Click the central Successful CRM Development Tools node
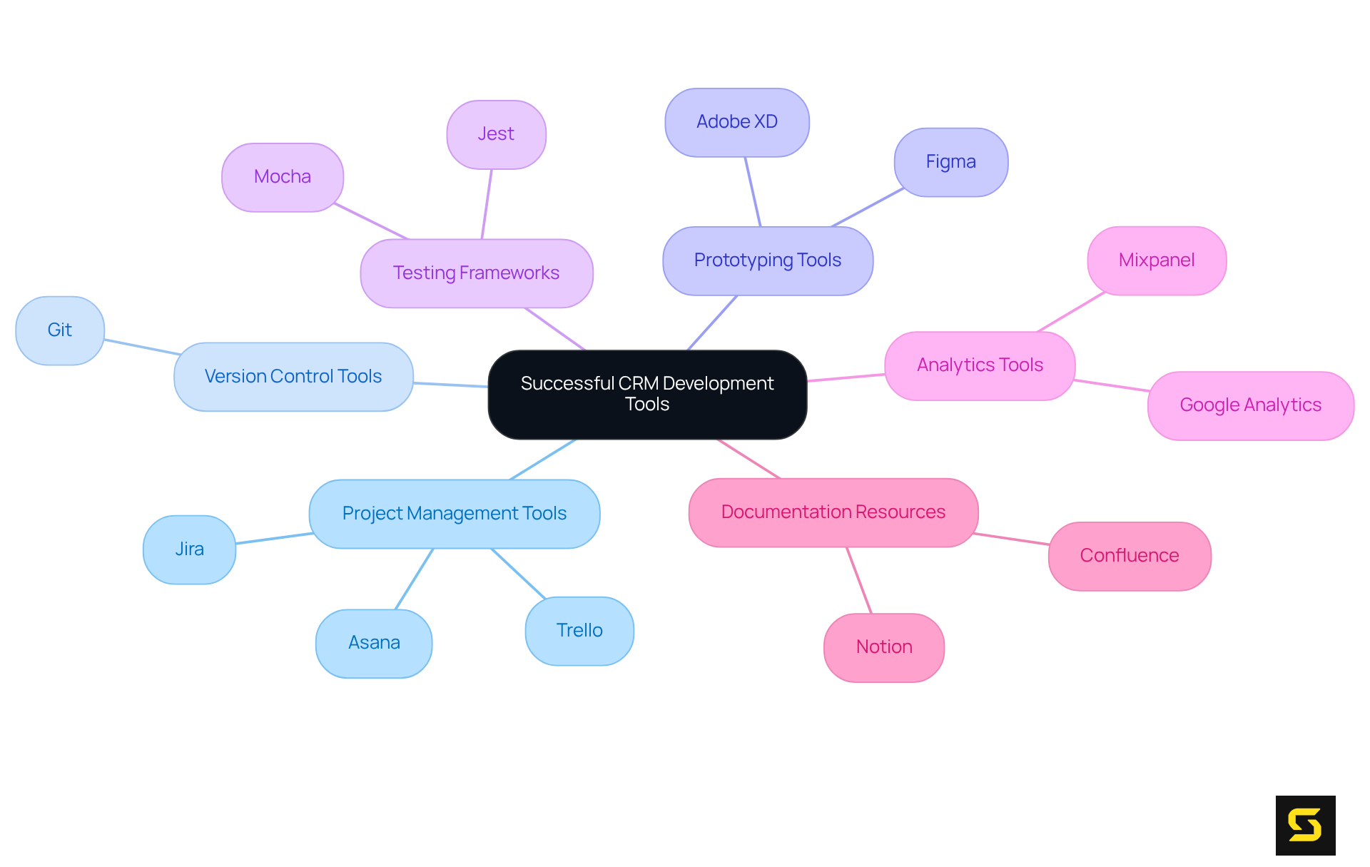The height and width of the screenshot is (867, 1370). coord(647,394)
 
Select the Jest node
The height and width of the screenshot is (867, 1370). coord(496,134)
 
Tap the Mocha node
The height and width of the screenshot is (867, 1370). coord(283,177)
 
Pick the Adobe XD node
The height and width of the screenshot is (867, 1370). coord(736,122)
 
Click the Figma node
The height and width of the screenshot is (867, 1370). coord(950,162)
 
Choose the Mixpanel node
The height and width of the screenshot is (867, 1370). coord(1156,260)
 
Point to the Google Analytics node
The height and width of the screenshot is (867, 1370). coord(1250,405)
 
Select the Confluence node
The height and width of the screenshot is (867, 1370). coord(1129,556)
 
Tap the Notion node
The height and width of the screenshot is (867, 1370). coord(883,647)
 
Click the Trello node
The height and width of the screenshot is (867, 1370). coord(579,631)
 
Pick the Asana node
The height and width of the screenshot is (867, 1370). coord(374,643)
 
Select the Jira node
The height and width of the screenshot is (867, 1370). coord(189,549)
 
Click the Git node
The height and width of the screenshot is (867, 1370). coord(60,330)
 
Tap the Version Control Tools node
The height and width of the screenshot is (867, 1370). coord(293,377)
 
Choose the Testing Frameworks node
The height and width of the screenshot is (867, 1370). coord(476,273)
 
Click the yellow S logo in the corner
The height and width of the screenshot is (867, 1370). coord(1305,825)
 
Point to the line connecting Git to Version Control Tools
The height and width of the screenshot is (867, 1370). coord(141,347)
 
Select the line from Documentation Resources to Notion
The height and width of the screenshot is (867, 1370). coord(859,580)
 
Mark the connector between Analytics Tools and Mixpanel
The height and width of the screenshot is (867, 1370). coord(1071,312)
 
